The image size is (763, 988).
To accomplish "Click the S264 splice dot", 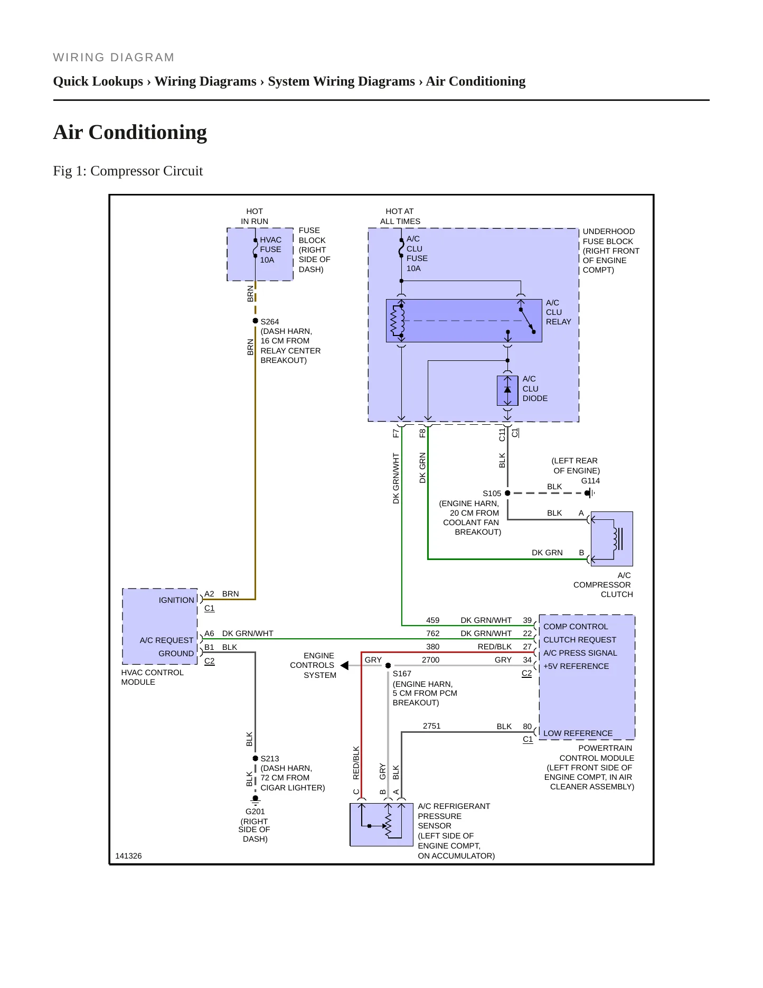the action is [256, 321].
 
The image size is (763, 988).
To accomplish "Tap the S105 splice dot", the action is [507, 493].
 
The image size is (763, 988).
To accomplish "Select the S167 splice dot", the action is [388, 666].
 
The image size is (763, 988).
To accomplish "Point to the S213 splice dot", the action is [256, 758].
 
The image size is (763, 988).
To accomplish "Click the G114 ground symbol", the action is [589, 493].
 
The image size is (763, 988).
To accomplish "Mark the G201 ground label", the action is [255, 812].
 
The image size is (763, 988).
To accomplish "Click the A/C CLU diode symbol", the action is [507, 390].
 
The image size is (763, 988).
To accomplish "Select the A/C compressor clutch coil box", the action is [612, 539].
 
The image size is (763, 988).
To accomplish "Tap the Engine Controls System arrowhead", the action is [344, 666].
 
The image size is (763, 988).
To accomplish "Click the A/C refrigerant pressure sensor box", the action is [382, 825].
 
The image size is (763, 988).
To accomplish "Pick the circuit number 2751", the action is [431, 726].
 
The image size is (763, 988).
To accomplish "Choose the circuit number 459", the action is [432, 620].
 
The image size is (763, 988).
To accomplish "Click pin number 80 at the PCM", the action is [527, 726].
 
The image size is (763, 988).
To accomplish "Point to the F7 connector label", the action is [395, 433].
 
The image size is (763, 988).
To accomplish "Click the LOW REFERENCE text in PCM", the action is [578, 733].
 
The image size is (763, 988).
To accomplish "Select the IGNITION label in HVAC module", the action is [176, 600].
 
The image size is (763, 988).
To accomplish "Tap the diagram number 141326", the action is [128, 856].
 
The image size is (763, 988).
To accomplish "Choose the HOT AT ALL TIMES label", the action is [400, 216].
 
